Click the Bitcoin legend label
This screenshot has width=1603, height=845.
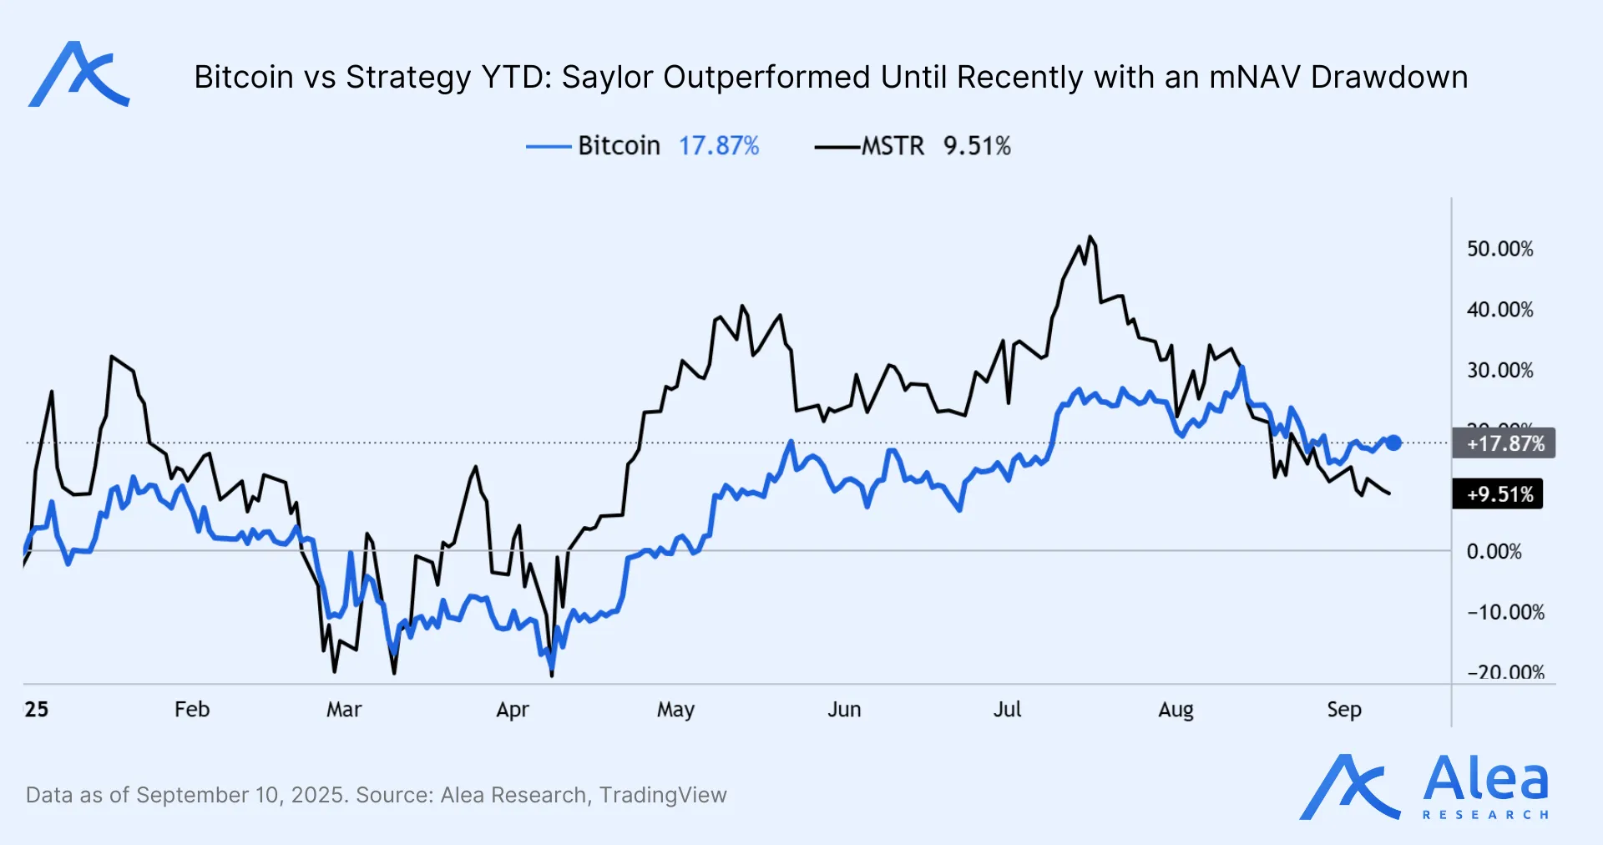(619, 146)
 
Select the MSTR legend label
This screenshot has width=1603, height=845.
(893, 146)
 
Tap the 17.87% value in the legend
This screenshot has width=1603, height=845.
(718, 146)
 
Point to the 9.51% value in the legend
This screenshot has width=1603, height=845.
(977, 146)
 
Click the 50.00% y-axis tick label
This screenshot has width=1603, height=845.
(1499, 249)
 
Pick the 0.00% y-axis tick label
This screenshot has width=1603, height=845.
(1494, 552)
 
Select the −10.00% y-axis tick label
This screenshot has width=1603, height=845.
(1505, 612)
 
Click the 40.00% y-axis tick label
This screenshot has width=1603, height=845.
(1499, 310)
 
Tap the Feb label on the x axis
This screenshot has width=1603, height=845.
(192, 710)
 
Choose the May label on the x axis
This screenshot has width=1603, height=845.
(675, 710)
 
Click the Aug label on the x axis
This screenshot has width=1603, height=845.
(1176, 710)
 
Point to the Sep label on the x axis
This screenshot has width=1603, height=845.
(1344, 710)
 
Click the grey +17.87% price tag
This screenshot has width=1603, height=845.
(1504, 443)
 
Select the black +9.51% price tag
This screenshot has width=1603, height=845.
(1499, 494)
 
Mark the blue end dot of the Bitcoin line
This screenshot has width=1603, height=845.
(1393, 443)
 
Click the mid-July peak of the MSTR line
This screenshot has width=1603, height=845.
(1090, 237)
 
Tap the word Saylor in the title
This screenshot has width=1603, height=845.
(607, 77)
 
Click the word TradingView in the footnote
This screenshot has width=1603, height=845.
(663, 795)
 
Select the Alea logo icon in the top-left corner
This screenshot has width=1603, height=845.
(78, 75)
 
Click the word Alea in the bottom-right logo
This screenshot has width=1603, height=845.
(1485, 780)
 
